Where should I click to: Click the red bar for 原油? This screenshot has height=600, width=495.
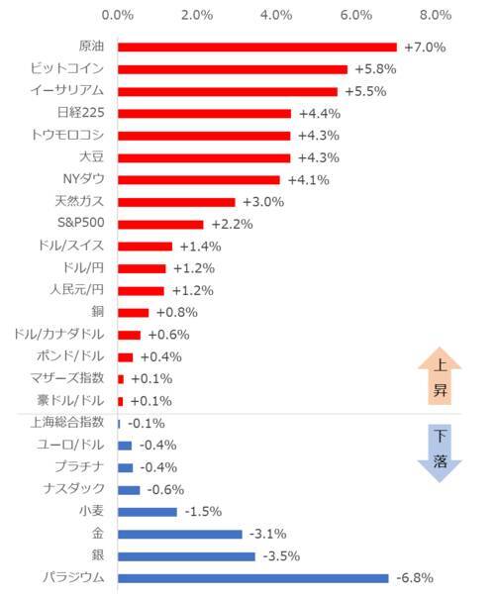point(256,47)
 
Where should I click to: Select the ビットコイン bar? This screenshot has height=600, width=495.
point(233,69)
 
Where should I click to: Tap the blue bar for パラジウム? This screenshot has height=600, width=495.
point(252,577)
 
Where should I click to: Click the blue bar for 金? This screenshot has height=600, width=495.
point(179,534)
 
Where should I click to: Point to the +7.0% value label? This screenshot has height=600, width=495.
point(424,48)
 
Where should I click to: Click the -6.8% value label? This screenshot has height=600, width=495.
point(415,577)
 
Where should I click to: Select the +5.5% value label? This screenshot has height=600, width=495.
point(363,91)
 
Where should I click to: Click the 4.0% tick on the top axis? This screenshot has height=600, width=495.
point(276,16)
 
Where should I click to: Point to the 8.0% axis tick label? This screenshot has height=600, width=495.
point(435,16)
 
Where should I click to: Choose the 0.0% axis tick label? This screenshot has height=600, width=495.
point(118,16)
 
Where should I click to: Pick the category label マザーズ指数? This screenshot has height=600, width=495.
point(67,378)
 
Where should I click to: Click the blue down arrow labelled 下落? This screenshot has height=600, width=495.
point(441,451)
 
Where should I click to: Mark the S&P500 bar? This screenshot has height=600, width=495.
point(160,224)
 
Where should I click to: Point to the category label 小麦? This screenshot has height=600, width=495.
point(91,511)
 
